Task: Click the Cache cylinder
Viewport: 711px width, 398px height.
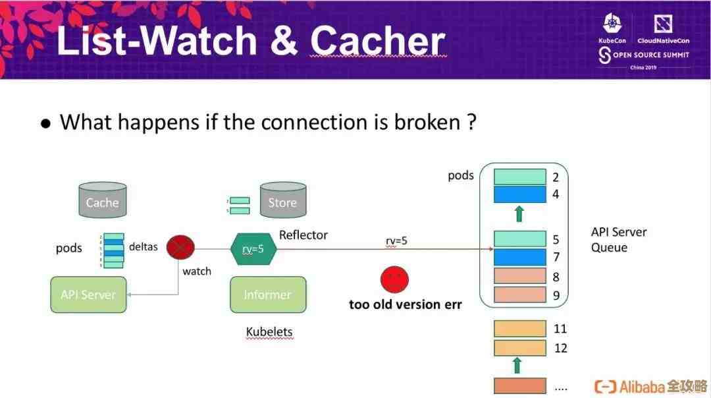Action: [x=102, y=200]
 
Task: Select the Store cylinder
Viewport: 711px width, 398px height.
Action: [x=282, y=200]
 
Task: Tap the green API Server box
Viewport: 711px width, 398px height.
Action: [x=88, y=295]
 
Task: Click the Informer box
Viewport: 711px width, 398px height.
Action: [x=267, y=295]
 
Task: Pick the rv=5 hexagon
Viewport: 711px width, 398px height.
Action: [x=253, y=248]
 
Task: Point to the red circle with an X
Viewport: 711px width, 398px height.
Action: [x=180, y=248]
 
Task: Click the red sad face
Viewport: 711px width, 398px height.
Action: [x=394, y=279]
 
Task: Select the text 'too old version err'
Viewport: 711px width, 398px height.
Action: [x=405, y=304]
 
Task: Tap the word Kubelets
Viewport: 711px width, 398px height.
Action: [x=269, y=331]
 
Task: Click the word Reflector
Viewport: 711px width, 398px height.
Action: [x=303, y=235]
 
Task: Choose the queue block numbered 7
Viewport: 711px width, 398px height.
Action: [x=520, y=257]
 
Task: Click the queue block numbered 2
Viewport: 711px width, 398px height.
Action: [x=520, y=177]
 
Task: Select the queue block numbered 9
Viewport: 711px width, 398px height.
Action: [x=520, y=295]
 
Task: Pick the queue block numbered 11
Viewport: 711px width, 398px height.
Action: [x=520, y=328]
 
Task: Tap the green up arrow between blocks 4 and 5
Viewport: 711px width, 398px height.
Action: [x=519, y=213]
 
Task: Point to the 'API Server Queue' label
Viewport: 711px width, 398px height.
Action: [x=618, y=240]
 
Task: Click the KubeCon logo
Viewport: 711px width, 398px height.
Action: [x=612, y=29]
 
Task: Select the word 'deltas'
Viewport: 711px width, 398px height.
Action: [x=143, y=246]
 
